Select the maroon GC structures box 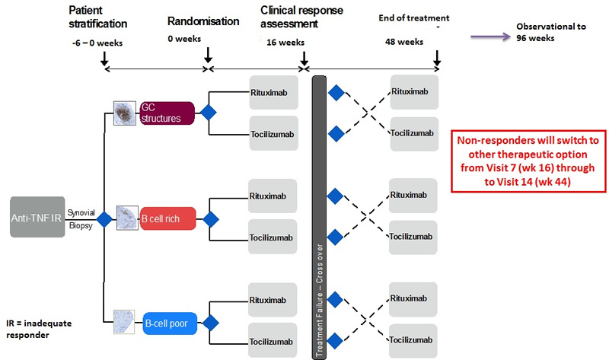(167, 113)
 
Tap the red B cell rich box (167, 219)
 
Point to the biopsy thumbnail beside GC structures (124, 113)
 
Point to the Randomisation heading (199, 21)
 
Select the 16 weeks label (285, 43)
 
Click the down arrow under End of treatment (438, 58)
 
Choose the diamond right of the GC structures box (207, 113)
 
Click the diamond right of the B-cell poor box (207, 323)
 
